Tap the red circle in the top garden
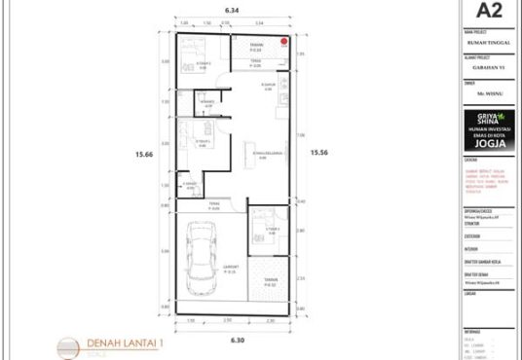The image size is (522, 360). click(x=283, y=41)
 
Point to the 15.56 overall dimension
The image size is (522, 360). click(x=319, y=152)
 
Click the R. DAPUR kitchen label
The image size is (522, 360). click(x=270, y=87)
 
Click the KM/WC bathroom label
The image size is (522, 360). click(x=206, y=102)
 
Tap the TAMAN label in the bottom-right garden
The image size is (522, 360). click(x=270, y=282)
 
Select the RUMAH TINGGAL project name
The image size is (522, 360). click(x=488, y=42)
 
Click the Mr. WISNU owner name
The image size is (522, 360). click(x=488, y=96)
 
